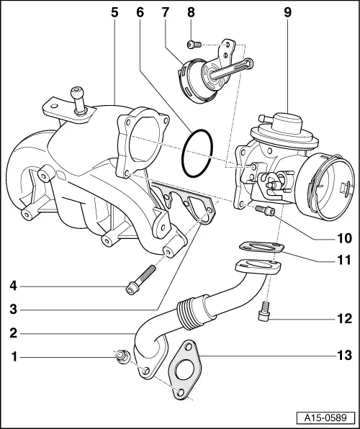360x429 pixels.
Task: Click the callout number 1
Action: (14, 355)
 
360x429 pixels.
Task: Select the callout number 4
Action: (14, 286)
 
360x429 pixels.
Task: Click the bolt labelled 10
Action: (265, 210)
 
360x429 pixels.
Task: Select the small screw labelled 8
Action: (193, 45)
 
